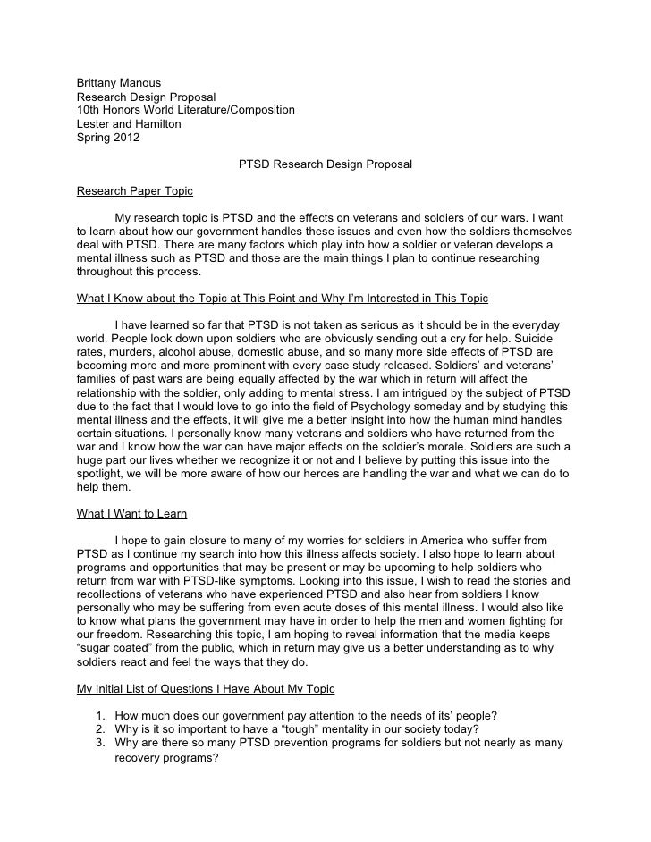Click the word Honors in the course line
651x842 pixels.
coord(123,110)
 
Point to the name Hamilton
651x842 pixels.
coord(156,123)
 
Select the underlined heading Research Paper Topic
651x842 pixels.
coord(134,190)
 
